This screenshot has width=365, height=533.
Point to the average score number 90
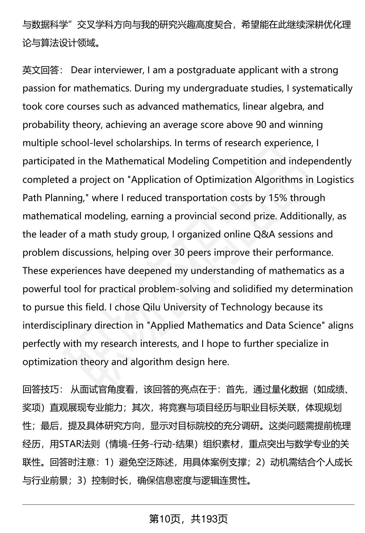(x=261, y=125)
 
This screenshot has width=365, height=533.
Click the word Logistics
(x=335, y=180)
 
